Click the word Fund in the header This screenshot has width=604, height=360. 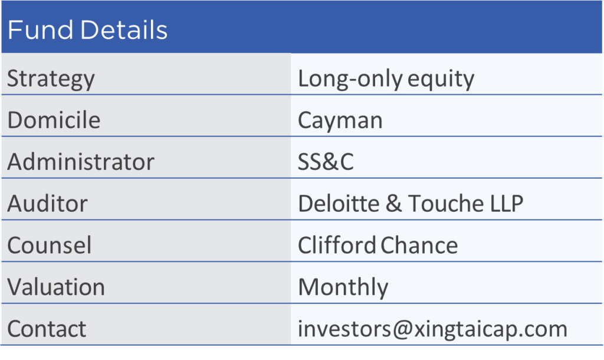click(41, 30)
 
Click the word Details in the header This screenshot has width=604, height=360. click(124, 30)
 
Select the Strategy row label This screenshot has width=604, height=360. click(51, 79)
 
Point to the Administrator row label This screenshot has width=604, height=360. click(81, 162)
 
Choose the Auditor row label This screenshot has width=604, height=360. click(47, 203)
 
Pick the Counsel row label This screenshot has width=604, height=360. click(50, 245)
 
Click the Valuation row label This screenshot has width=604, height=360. click(56, 287)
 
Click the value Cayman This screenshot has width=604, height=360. click(340, 120)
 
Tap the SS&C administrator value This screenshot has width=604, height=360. click(326, 162)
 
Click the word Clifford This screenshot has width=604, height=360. click(337, 245)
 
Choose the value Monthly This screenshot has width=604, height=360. click(343, 287)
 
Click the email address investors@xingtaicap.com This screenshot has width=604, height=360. click(433, 329)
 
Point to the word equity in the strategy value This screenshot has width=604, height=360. click(441, 80)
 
